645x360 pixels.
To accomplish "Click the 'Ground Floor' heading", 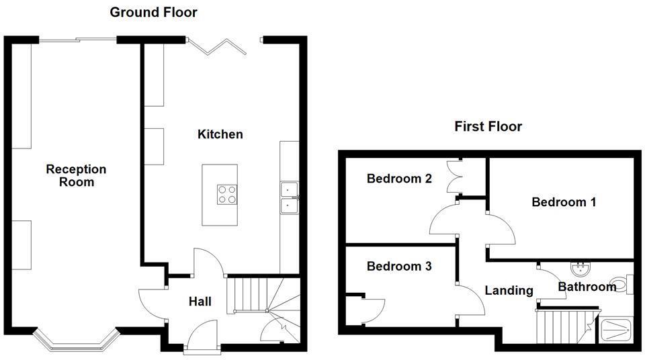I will point(153,12).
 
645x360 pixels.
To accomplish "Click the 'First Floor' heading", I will point(488,126).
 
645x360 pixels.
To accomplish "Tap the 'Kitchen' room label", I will point(220,134).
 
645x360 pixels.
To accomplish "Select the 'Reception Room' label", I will point(76,175).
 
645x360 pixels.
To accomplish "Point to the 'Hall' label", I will point(200,302).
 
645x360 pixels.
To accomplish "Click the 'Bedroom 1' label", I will point(564,201).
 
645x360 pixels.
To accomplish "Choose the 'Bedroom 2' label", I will point(398,179).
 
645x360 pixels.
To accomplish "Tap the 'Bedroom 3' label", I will point(398,266).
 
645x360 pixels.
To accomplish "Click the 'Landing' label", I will point(509,290).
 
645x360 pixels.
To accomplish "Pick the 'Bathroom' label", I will point(587,287).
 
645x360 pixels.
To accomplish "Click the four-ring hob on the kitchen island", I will point(226,194).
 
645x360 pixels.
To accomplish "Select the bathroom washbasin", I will point(580,269).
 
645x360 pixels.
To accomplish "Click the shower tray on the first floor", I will point(615,330).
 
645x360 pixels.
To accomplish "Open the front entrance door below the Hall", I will point(202,339).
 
